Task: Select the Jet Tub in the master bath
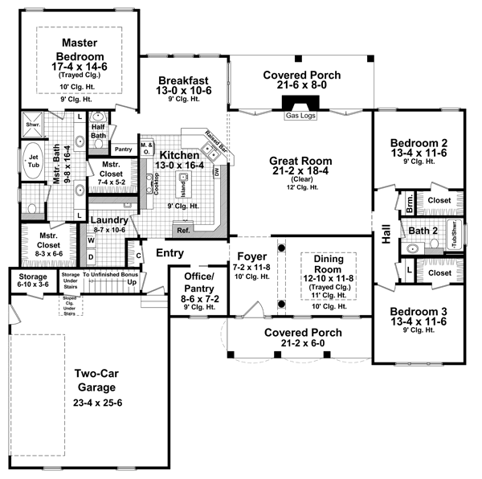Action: [x=34, y=162]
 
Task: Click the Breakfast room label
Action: [x=184, y=80]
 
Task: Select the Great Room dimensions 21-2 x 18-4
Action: [x=300, y=174]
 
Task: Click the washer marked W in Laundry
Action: [x=91, y=239]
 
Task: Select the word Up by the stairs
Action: [x=131, y=283]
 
